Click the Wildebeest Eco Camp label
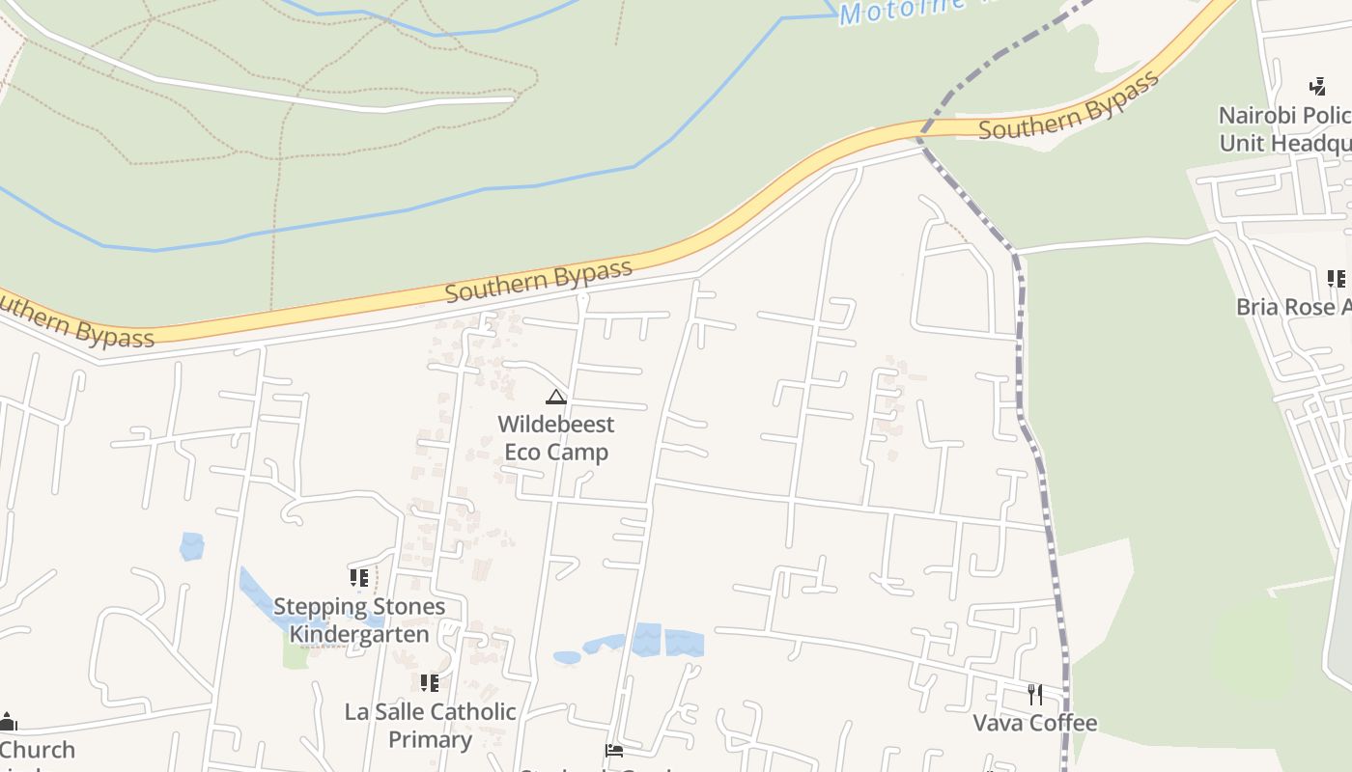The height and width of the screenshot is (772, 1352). [556, 438]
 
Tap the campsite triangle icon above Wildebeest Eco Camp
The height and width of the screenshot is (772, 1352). [555, 397]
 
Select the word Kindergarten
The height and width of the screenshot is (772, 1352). [359, 634]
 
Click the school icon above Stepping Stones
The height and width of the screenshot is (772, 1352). [359, 578]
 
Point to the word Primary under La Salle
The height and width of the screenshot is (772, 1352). [430, 739]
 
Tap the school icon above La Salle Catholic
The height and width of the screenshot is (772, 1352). [430, 683]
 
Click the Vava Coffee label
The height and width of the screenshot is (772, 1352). [1034, 723]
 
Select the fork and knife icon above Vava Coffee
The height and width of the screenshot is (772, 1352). [1035, 694]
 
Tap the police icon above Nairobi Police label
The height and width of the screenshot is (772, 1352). [1317, 87]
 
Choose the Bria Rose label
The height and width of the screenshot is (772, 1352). [1293, 307]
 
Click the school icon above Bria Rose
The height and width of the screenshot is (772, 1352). [1336, 279]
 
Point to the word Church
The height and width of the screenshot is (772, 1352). [37, 750]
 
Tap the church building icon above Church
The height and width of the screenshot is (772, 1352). [9, 721]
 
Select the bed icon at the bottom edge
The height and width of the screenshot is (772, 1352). [613, 751]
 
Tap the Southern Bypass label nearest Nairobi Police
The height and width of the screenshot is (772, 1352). [1068, 107]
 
